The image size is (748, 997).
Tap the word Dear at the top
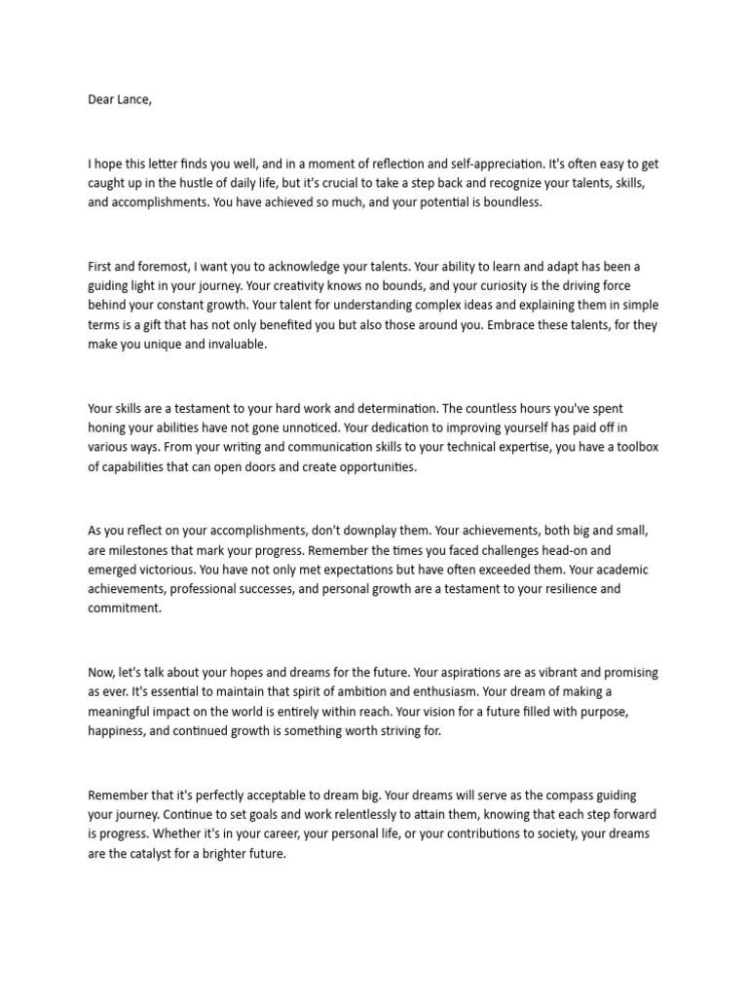click(x=101, y=99)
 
